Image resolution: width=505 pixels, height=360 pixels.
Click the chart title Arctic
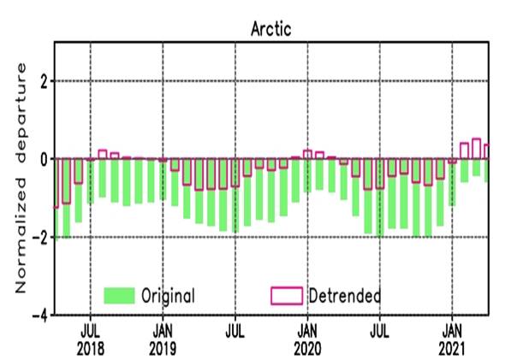[x=272, y=29]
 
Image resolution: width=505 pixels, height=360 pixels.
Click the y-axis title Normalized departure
[x=22, y=178]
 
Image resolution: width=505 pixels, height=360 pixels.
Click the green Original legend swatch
[x=120, y=296]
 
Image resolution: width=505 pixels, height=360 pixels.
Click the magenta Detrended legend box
[x=286, y=296]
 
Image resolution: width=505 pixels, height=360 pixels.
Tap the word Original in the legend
[x=169, y=296]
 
